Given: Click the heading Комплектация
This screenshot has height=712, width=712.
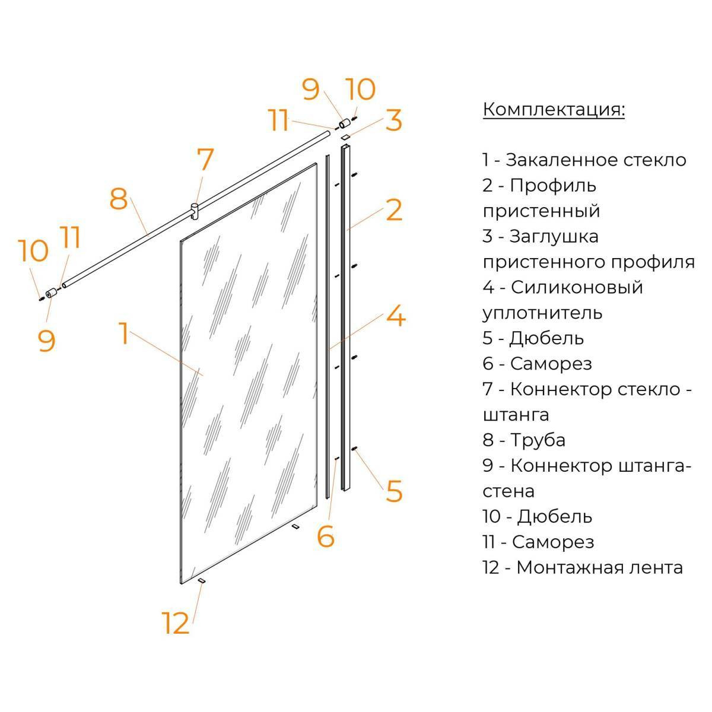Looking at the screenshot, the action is (554, 110).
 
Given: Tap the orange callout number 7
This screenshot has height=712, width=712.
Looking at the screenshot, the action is (205, 159).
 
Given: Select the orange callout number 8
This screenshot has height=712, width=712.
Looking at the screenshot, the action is (119, 199).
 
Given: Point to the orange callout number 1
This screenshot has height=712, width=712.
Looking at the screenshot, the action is (125, 333).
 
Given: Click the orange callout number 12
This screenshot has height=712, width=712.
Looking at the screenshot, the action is (176, 623).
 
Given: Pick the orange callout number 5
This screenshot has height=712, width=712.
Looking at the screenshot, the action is (394, 491).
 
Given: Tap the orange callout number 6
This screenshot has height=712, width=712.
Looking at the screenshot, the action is (326, 536).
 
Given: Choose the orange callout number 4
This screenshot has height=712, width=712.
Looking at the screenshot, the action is (396, 315).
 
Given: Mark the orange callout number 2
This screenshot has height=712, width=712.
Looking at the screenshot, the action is (394, 210).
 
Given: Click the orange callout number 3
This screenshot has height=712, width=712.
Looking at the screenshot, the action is (394, 120).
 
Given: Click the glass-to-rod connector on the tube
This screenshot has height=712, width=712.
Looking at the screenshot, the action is (194, 211).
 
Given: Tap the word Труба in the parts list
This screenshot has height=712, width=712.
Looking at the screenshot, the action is (538, 440).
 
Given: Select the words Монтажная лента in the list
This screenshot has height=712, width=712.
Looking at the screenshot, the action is (599, 568).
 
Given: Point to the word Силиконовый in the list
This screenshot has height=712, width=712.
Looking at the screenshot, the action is (577, 287).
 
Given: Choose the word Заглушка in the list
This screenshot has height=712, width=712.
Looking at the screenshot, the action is (554, 237).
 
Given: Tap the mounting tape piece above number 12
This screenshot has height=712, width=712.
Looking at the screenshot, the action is (202, 581).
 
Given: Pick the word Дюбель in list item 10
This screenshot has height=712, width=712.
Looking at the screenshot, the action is (555, 517).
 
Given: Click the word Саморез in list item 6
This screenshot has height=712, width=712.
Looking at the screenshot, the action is (551, 364).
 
